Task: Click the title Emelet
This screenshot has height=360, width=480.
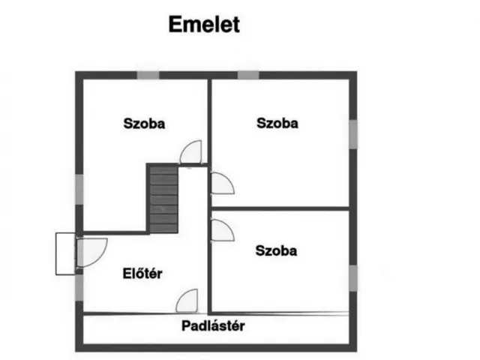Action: (204, 25)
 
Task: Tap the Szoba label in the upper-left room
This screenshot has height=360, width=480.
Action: (144, 124)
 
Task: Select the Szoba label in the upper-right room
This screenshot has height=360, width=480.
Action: (277, 123)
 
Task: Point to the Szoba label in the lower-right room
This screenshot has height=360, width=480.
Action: (276, 250)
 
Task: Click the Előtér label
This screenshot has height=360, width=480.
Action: (142, 273)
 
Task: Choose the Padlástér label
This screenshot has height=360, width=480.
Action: (213, 325)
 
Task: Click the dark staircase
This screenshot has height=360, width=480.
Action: (163, 199)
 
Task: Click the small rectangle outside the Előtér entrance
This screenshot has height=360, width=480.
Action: (65, 253)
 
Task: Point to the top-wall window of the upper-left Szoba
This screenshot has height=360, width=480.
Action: (148, 75)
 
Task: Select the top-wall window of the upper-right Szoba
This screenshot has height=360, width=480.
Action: (248, 75)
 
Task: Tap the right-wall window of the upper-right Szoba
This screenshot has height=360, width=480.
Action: (353, 134)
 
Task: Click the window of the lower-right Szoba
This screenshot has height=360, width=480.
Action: (353, 278)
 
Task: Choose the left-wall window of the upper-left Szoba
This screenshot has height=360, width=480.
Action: (79, 189)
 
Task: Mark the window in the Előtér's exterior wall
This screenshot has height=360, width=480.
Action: (79, 287)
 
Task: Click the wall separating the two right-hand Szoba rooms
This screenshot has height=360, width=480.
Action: (280, 208)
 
